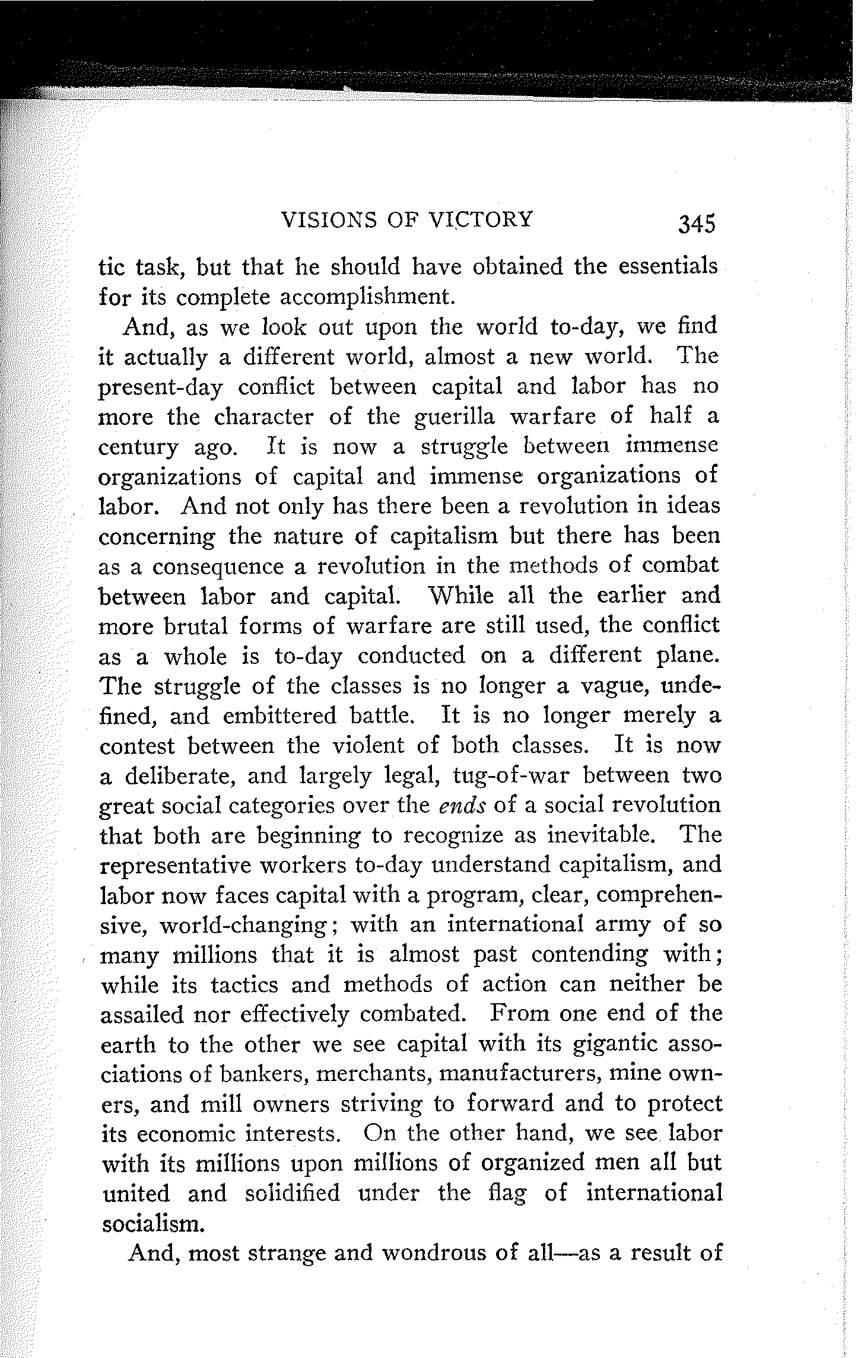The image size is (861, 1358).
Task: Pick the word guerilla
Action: tap(450, 416)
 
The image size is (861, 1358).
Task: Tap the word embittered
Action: tap(279, 715)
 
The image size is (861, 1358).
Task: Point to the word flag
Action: tap(509, 1194)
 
